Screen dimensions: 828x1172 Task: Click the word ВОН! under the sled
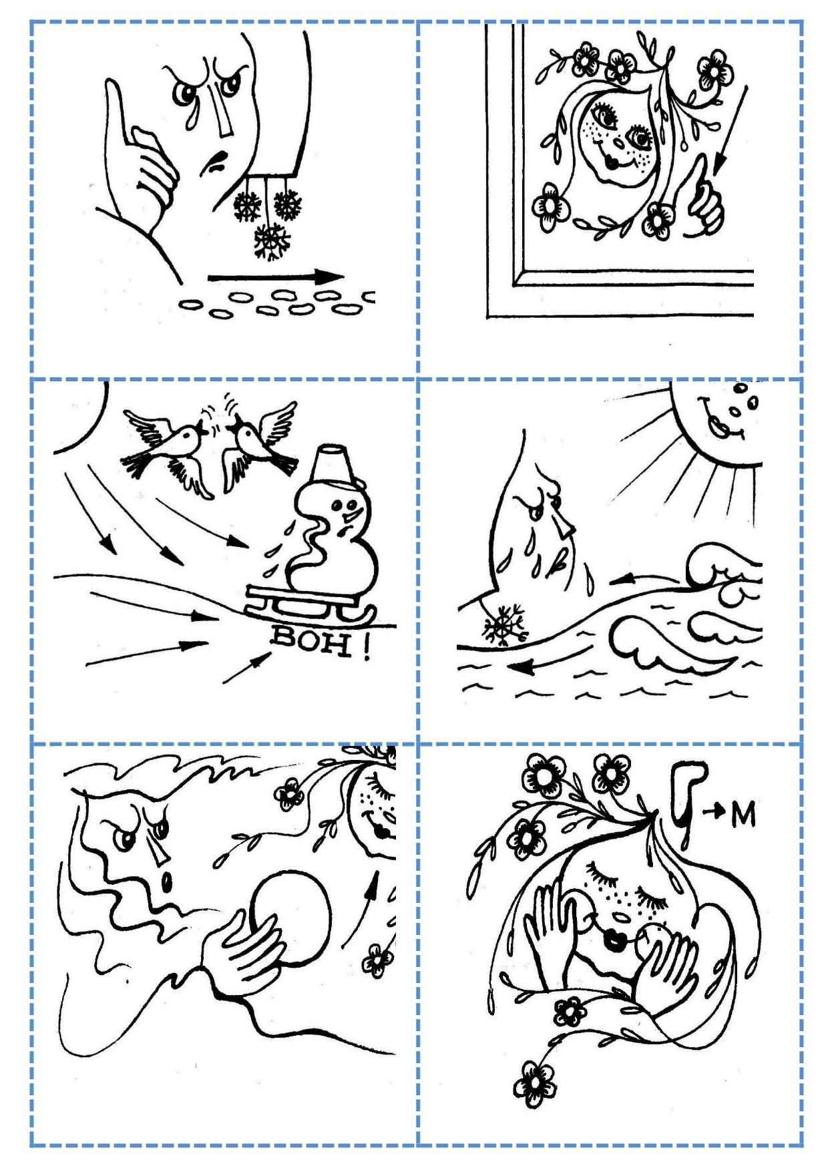[320, 644]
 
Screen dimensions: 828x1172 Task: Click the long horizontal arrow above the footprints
[276, 277]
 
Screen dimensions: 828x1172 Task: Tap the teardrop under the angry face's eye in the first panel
[192, 118]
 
